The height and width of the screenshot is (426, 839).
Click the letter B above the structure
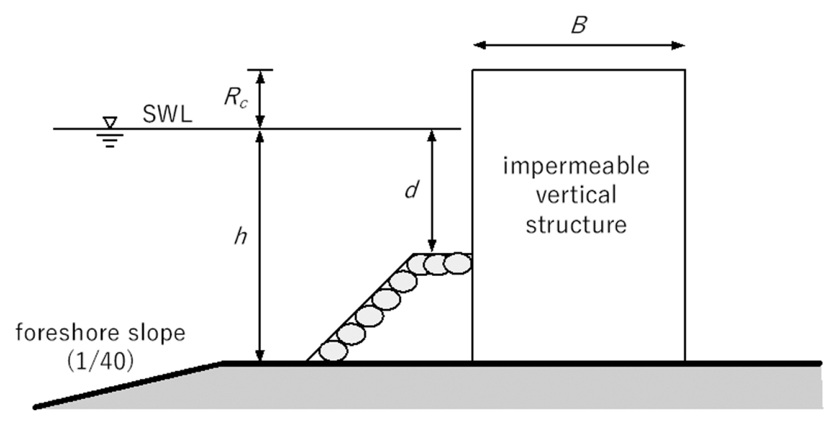coord(578,25)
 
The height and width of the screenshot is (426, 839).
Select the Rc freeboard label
coord(236,97)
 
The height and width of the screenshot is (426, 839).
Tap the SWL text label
coord(167,114)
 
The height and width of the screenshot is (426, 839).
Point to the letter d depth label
coord(412,190)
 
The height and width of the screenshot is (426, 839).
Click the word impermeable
coord(576,166)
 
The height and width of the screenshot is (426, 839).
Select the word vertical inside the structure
coord(576,195)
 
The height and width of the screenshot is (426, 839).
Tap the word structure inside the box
coord(576,225)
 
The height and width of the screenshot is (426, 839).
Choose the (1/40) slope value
coord(101,361)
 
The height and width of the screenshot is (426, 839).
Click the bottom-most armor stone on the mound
coord(333,351)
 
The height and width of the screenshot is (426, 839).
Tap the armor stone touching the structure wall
coord(457,264)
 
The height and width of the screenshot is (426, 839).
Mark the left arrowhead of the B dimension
coord(479,45)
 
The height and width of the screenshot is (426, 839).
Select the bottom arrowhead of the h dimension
coord(260,356)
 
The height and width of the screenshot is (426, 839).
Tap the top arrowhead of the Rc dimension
coord(260,76)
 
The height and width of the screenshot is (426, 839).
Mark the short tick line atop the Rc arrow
coord(260,69)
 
